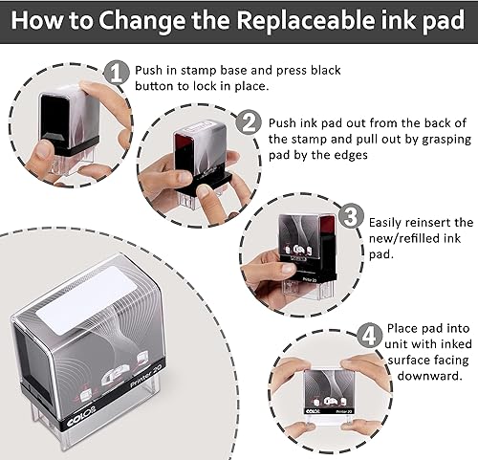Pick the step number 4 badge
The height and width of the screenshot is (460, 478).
pyautogui.click(x=368, y=337)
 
